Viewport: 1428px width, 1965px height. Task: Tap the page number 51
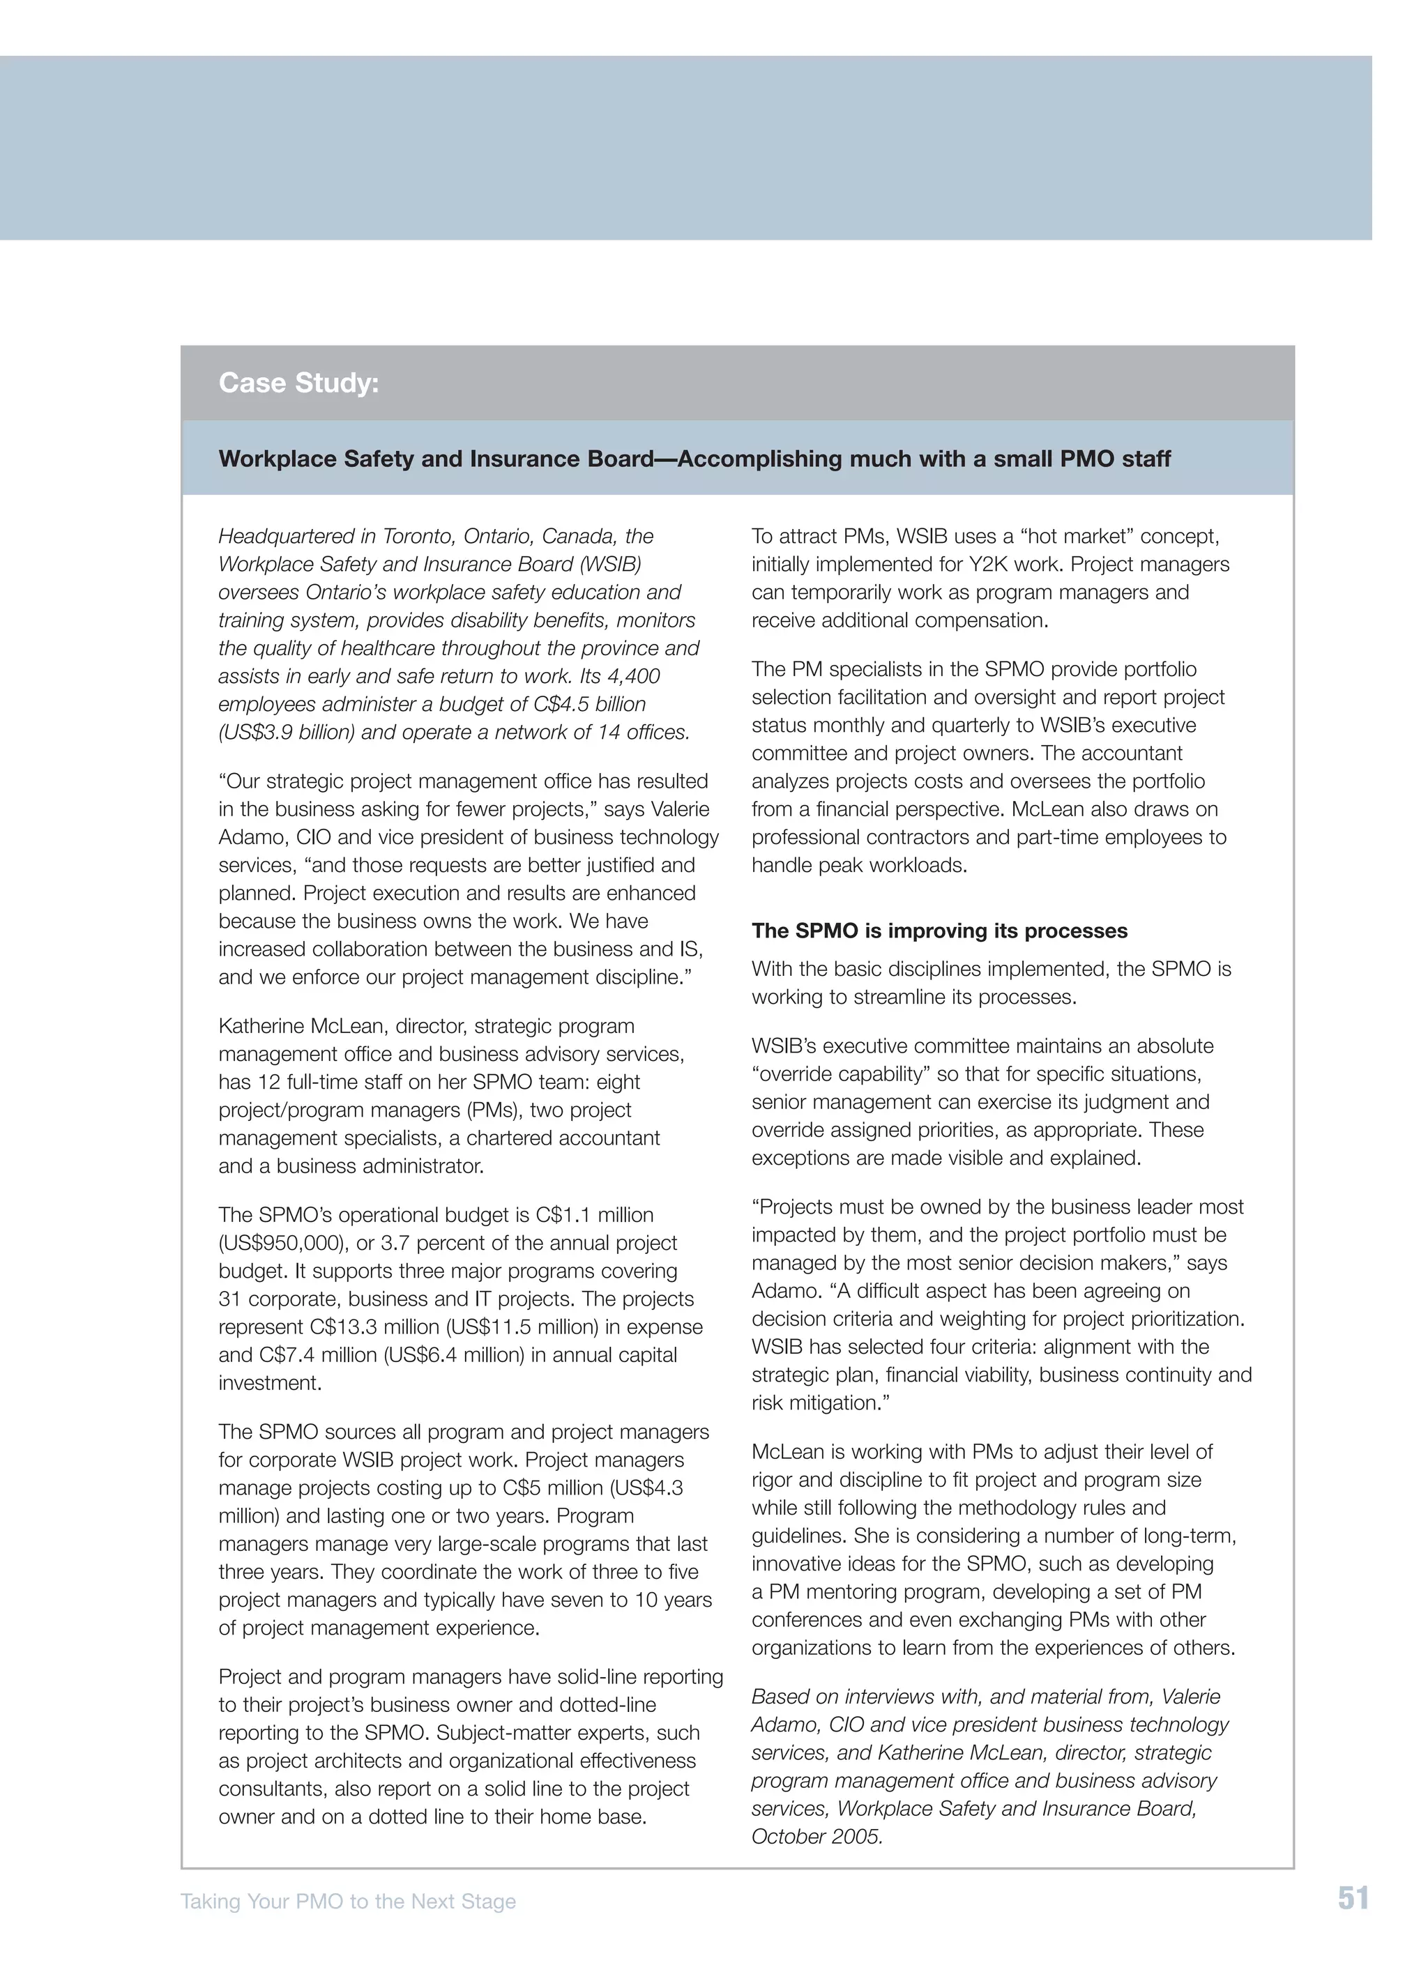tap(1353, 1898)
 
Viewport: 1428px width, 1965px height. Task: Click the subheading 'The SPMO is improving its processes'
tap(939, 931)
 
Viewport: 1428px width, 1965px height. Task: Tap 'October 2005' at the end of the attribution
tap(816, 1837)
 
